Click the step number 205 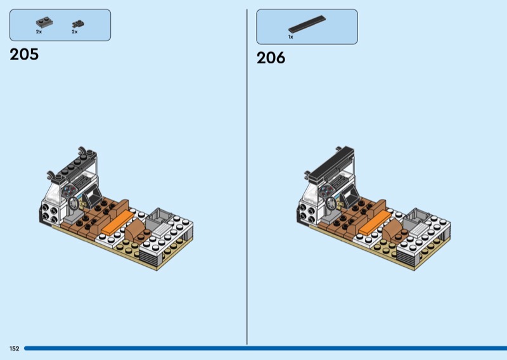(x=24, y=54)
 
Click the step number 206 (x=271, y=58)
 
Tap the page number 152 (x=14, y=349)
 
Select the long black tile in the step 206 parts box (x=307, y=24)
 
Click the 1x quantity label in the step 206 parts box (x=291, y=37)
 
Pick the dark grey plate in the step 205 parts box (x=44, y=23)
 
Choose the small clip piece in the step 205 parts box (x=78, y=23)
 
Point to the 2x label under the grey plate (x=39, y=32)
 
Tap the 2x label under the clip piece (x=75, y=32)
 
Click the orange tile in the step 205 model (x=117, y=223)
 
